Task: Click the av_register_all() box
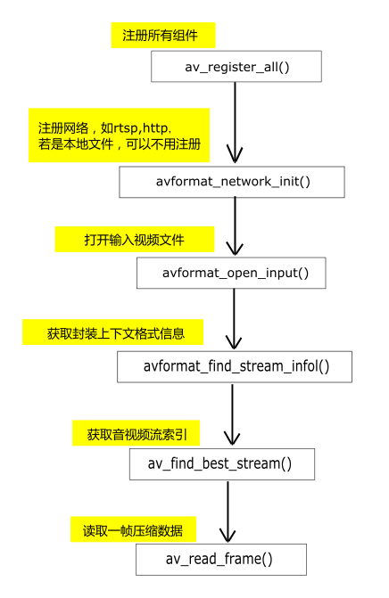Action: (236, 67)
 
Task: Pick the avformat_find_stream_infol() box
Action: (235, 366)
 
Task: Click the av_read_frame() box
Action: (220, 560)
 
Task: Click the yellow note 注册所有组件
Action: (160, 36)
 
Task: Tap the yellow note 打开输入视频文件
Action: (135, 241)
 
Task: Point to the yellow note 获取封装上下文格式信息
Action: (112, 334)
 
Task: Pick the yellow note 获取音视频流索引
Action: (137, 434)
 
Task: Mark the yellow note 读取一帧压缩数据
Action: (133, 529)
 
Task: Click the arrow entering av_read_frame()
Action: (228, 512)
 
